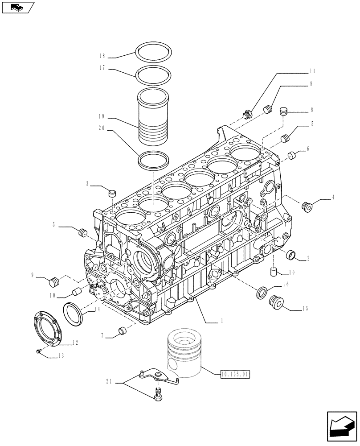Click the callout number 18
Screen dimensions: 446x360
pos(102,56)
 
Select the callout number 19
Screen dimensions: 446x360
pos(102,116)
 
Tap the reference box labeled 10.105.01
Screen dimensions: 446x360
pos(235,374)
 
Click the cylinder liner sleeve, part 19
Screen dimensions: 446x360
pos(153,116)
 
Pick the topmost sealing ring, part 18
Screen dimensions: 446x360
pos(153,52)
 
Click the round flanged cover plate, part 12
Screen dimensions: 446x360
pos(47,328)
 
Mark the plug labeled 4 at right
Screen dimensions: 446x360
pos(306,206)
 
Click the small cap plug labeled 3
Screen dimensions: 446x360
pos(112,193)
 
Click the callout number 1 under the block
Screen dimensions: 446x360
pos(221,321)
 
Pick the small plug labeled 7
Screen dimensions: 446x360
pos(121,330)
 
